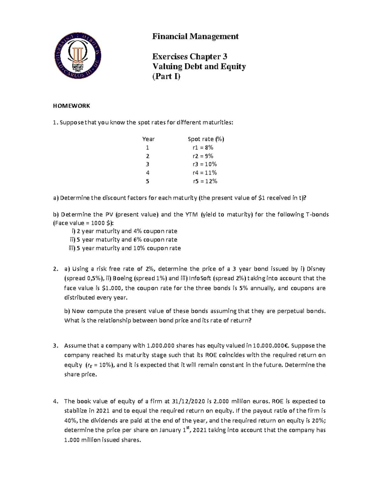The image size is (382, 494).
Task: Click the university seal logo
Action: [x=78, y=56]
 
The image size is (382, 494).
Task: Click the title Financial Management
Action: [x=195, y=37]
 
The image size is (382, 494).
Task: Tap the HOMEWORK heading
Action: [x=71, y=106]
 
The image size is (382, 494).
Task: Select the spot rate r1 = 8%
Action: [x=203, y=148]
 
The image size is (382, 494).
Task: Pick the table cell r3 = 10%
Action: [x=204, y=164]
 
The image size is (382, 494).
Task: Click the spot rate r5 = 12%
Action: [x=205, y=181]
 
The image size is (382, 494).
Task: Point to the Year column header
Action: [x=148, y=139]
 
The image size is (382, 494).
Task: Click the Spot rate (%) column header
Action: [x=206, y=139]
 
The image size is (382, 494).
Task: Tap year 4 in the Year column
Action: [x=148, y=173]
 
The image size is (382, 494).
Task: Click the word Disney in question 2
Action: [x=316, y=269]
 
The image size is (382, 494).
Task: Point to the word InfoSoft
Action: [x=200, y=278]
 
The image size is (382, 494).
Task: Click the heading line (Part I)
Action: [x=166, y=76]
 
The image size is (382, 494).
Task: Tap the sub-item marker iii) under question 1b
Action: [x=72, y=248]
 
